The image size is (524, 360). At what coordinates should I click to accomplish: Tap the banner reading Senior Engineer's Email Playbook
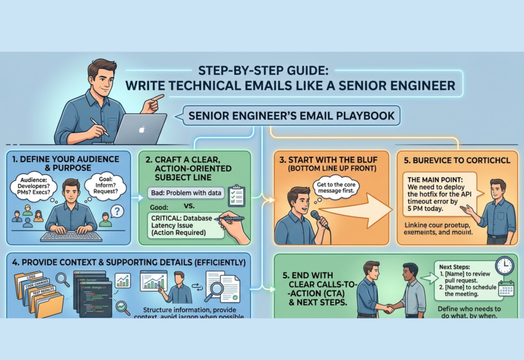[291, 116]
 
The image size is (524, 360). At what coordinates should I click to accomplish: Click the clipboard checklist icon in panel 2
[236, 195]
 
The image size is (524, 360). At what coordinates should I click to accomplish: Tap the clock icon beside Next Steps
[504, 266]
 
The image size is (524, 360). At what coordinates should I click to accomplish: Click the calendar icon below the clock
[506, 288]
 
